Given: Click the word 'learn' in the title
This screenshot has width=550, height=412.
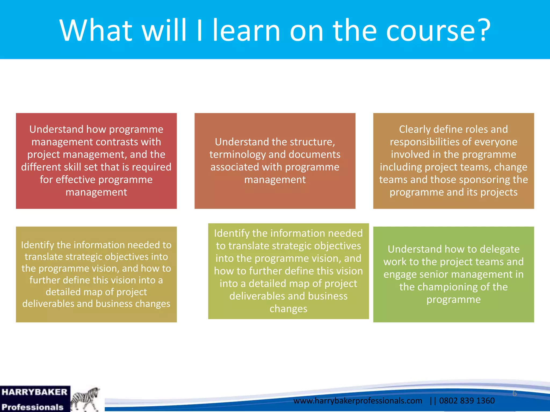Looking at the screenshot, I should point(246,30).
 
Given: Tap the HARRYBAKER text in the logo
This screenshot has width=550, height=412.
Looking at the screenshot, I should point(34,392).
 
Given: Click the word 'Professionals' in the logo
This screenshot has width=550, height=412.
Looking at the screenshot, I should point(32,407).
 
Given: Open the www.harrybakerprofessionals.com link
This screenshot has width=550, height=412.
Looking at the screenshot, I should point(357,401).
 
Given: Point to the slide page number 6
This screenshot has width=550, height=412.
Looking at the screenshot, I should point(514,393).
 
